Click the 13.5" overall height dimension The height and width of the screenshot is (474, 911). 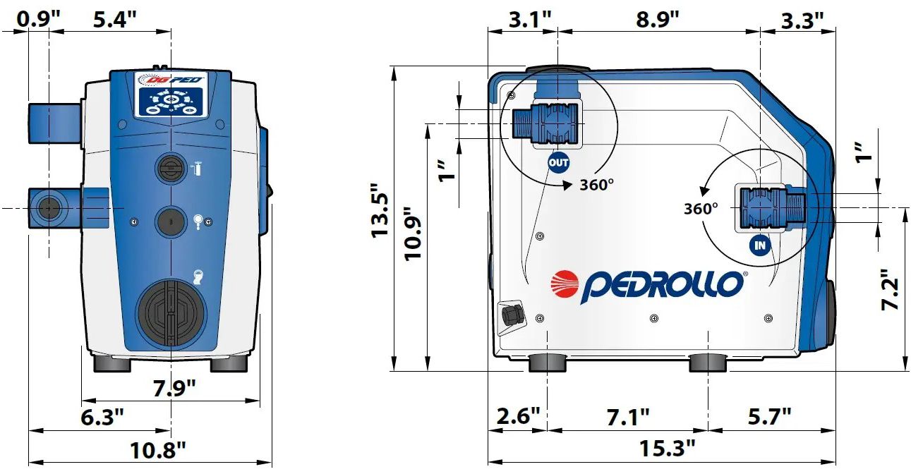coord(380,211)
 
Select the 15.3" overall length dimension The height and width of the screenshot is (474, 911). coord(667,449)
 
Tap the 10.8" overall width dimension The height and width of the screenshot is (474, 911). coord(158,451)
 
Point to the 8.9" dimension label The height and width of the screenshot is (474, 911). coord(658,20)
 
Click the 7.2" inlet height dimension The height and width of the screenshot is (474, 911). coord(890,289)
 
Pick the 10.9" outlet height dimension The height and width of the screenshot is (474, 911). coord(412,233)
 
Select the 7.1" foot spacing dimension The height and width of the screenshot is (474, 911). coord(628,417)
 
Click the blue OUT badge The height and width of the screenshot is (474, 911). coord(558,163)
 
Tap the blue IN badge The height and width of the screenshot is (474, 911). coord(760,245)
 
